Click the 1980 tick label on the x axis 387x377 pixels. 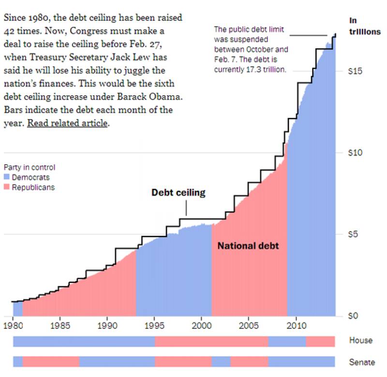point(13,327)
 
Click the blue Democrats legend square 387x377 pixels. point(6,178)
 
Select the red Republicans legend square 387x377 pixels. point(6,187)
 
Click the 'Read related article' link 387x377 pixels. point(67,123)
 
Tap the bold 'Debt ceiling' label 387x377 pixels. point(179,193)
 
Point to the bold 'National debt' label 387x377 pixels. point(248,246)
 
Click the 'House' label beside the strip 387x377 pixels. point(361,340)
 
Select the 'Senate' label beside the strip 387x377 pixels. point(362,362)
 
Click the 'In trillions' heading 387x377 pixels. point(365,26)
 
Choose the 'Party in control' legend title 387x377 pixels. point(29,168)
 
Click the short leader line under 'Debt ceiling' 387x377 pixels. point(186,208)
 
